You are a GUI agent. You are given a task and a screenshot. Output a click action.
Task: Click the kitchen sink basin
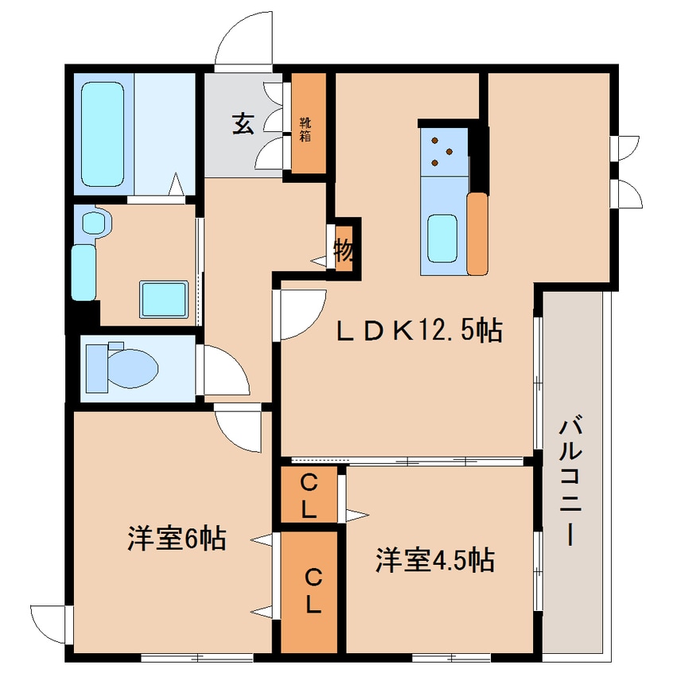tap(444, 237)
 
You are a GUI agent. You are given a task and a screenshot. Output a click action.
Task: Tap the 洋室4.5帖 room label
tap(434, 560)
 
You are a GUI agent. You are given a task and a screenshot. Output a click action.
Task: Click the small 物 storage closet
tap(344, 250)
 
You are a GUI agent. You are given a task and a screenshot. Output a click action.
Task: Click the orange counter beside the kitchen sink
tap(477, 234)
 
